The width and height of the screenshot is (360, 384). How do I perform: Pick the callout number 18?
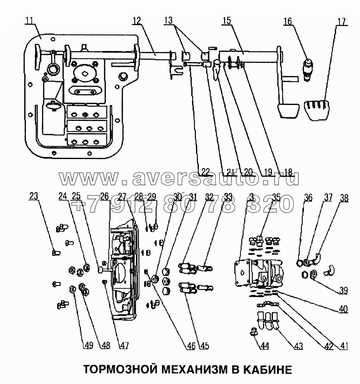click(x=288, y=172)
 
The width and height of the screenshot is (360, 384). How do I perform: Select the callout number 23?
click(x=34, y=197)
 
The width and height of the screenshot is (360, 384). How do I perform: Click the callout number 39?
click(x=343, y=291)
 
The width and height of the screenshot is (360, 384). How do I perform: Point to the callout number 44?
click(x=264, y=346)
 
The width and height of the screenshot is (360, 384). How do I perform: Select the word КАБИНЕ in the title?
click(x=264, y=369)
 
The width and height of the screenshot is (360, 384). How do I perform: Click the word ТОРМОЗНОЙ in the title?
click(x=114, y=369)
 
